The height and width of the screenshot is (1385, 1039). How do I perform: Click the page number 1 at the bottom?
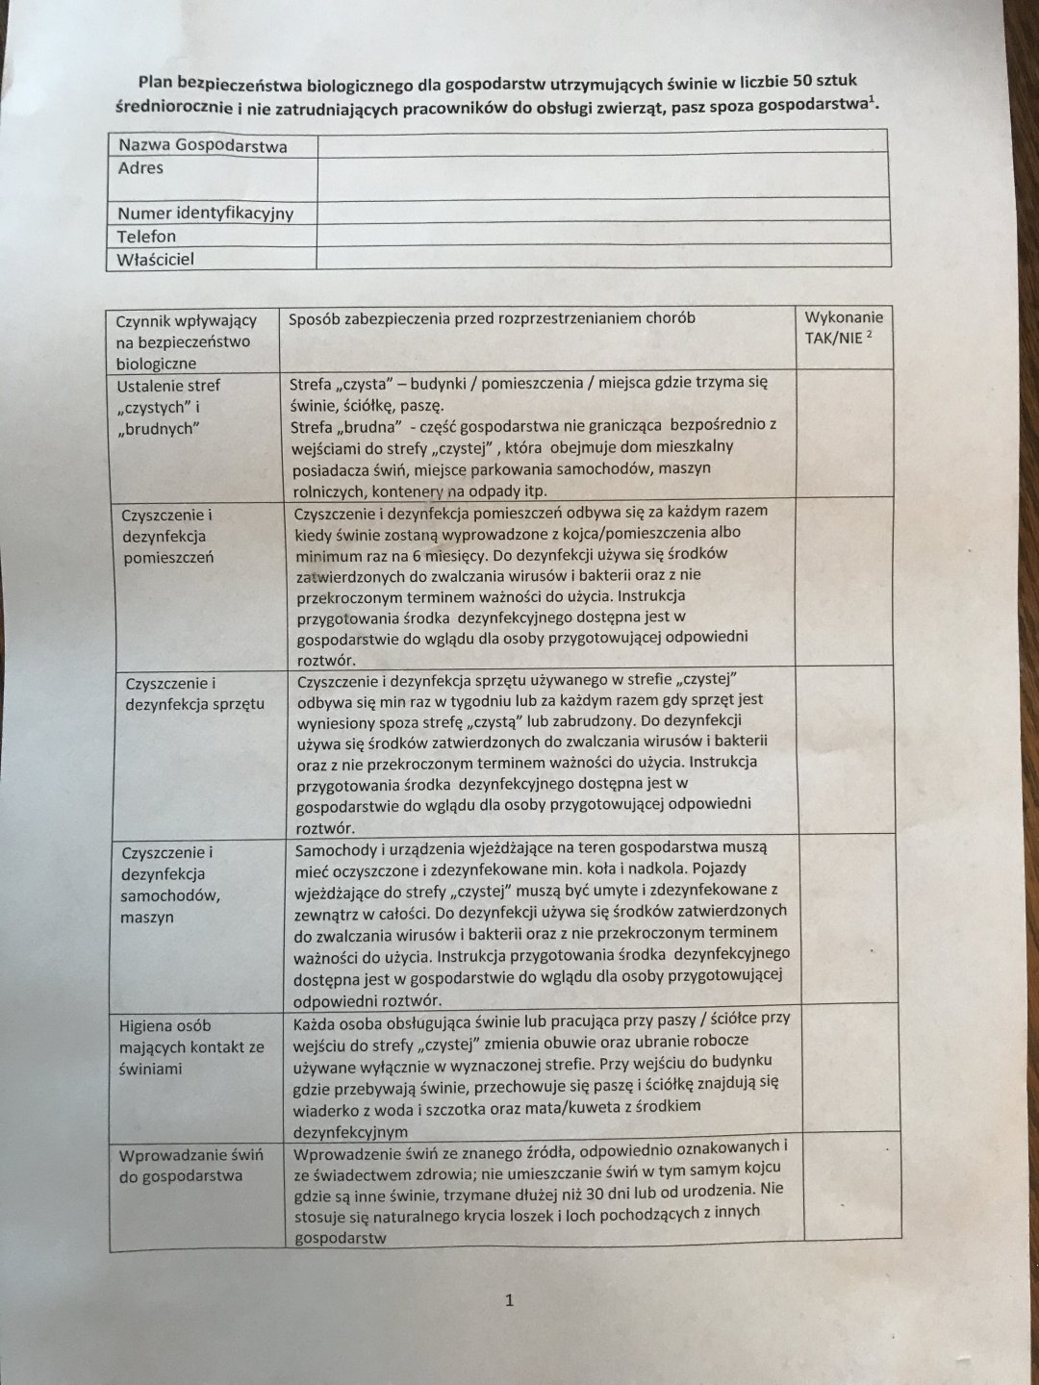click(509, 1300)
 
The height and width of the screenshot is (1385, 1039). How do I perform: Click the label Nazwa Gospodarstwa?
click(203, 146)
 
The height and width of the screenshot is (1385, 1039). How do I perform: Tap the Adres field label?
click(140, 168)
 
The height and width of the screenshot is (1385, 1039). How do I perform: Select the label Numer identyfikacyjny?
click(205, 214)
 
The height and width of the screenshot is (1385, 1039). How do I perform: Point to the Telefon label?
click(147, 237)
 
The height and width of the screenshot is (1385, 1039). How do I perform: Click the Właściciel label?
click(156, 260)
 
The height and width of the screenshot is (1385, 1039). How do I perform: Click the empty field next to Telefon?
click(602, 234)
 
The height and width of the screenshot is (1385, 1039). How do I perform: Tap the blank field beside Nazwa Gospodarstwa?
click(602, 144)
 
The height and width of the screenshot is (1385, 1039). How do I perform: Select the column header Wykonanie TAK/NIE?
click(843, 328)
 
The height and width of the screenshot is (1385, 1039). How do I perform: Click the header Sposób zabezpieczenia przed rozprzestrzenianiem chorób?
click(492, 318)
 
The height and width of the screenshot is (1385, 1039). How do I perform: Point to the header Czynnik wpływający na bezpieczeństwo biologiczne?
click(186, 341)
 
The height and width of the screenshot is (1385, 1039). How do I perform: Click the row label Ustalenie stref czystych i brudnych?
click(167, 407)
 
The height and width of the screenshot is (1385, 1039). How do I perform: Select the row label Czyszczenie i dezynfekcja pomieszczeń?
click(168, 536)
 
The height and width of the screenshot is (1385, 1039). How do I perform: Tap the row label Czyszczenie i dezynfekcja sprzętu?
click(194, 693)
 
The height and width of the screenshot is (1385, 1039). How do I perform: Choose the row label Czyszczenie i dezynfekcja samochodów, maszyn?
click(170, 884)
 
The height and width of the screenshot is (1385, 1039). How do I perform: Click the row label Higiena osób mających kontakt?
click(190, 1047)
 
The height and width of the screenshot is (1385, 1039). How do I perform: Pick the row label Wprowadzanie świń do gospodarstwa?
click(190, 1165)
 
